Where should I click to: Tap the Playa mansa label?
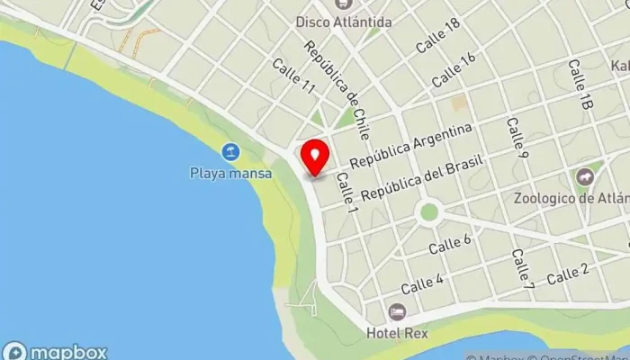click(x=230, y=174)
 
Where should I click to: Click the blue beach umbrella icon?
click(x=231, y=152)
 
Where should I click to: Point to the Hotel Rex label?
click(x=397, y=332)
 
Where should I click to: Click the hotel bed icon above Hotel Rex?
click(x=397, y=311)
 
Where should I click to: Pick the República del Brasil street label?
click(x=422, y=178)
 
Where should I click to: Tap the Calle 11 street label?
click(x=294, y=77)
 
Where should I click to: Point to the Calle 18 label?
click(x=438, y=35)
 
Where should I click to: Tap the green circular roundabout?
click(x=429, y=213)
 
